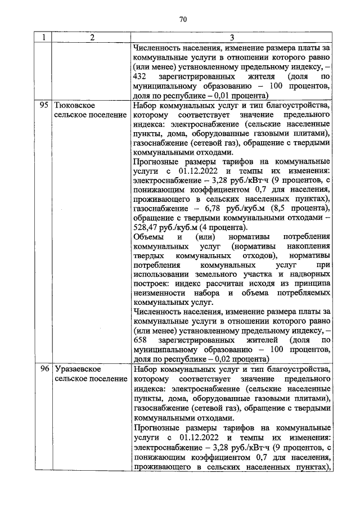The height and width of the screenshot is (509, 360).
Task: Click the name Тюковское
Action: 74,105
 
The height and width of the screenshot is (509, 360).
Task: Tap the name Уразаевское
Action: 78,369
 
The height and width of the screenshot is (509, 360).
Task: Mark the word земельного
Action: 222,273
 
